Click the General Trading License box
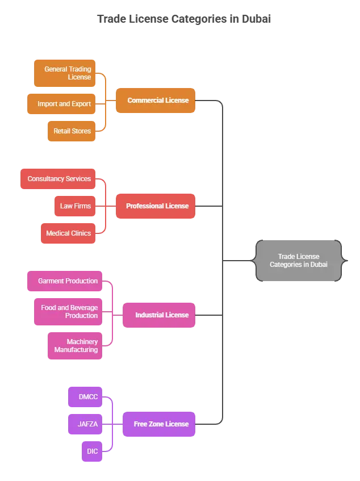click(64, 73)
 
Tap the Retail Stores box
click(71, 131)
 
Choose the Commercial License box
click(155, 101)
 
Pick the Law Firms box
click(74, 206)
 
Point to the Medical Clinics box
click(68, 233)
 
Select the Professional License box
click(155, 206)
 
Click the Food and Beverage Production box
click(68, 312)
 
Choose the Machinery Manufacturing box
click(74, 346)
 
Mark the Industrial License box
click(159, 315)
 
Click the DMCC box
click(86, 397)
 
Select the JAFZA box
click(86, 424)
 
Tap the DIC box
click(91, 451)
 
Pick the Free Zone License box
click(159, 424)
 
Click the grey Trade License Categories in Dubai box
click(299, 261)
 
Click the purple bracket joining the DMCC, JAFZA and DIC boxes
click(112, 424)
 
